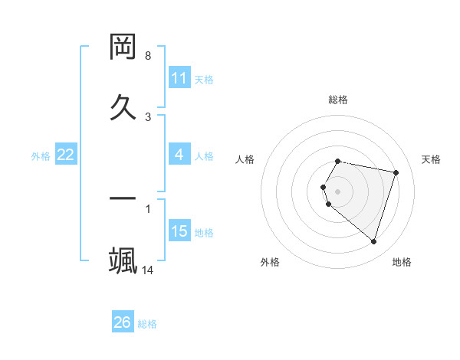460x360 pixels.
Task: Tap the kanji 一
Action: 123,198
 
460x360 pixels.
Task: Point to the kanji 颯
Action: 123,260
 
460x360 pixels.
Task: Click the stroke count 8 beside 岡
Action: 148,56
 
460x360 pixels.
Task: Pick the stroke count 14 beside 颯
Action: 148,270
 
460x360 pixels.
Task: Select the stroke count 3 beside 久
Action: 148,116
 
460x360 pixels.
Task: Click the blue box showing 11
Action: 179,78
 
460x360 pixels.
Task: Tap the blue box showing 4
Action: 179,155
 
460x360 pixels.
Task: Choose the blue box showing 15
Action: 179,231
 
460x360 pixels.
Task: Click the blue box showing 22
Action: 65,155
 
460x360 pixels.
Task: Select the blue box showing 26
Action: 122,323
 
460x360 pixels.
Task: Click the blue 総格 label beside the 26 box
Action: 147,324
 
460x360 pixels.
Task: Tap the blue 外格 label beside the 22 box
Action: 41,156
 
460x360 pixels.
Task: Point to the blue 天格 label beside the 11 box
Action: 204,79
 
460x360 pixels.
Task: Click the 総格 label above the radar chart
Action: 338,100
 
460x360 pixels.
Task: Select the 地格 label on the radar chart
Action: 402,262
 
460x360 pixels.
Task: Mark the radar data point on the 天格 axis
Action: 396,172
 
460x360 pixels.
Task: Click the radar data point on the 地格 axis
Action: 373,241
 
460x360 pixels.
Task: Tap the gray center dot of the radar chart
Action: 338,191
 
